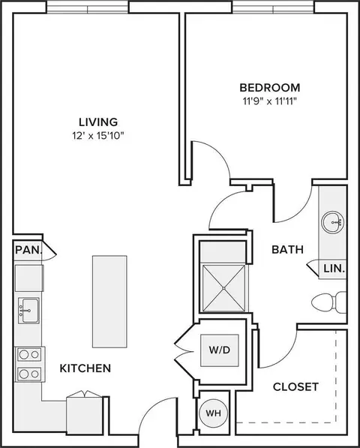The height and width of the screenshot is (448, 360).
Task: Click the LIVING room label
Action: pyautogui.click(x=98, y=122)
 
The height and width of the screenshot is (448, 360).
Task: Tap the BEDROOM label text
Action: pyautogui.click(x=270, y=88)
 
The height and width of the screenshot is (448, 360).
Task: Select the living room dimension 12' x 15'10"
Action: pyautogui.click(x=98, y=136)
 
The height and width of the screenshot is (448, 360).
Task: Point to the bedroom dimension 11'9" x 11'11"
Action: pyautogui.click(x=270, y=101)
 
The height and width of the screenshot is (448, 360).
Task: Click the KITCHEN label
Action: pyautogui.click(x=85, y=368)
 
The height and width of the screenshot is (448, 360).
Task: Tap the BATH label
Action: pyautogui.click(x=287, y=249)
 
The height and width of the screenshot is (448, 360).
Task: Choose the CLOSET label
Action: pyautogui.click(x=295, y=387)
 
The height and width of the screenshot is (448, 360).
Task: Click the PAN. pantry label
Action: pyautogui.click(x=28, y=250)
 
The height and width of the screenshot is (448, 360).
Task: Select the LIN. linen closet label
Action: pyautogui.click(x=334, y=269)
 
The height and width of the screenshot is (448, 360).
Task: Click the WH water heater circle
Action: pyautogui.click(x=213, y=413)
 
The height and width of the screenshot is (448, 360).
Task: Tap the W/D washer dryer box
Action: pyautogui.click(x=219, y=350)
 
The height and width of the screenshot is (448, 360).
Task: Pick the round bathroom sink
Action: pyautogui.click(x=332, y=222)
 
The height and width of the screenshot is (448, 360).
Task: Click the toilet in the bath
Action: pyautogui.click(x=328, y=302)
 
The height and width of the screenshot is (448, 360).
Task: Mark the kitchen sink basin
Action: pyautogui.click(x=28, y=310)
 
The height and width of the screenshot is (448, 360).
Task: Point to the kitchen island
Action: pyautogui.click(x=109, y=302)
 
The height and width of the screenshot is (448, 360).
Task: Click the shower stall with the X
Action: pyautogui.click(x=223, y=288)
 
